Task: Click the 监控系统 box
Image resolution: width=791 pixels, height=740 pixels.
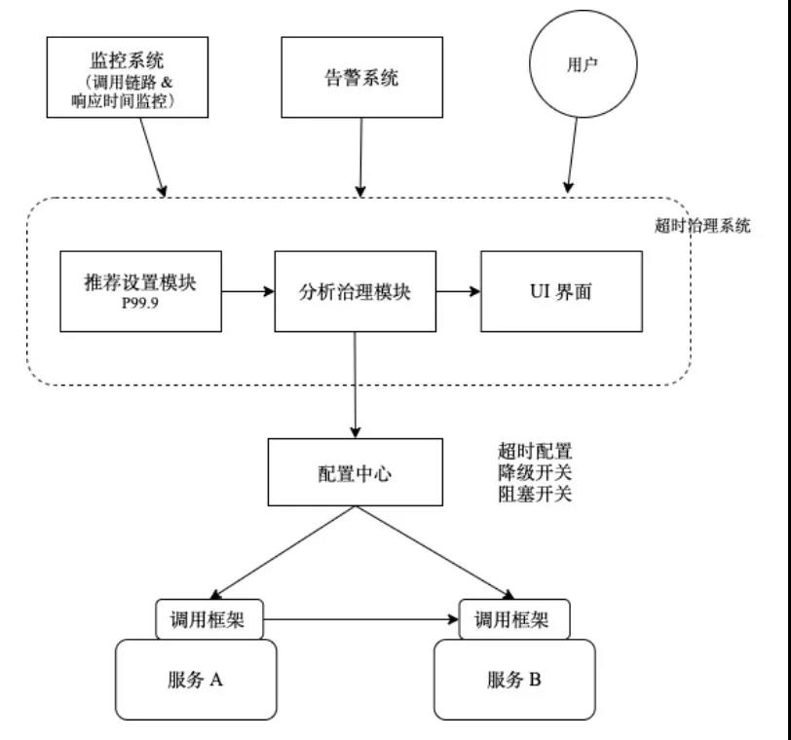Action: tap(127, 77)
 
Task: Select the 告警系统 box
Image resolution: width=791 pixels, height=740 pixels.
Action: tap(361, 77)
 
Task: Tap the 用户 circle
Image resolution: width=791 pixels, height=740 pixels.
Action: tap(584, 64)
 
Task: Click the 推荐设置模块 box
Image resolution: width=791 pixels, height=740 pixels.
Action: tap(140, 291)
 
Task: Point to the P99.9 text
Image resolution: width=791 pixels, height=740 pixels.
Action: tap(140, 303)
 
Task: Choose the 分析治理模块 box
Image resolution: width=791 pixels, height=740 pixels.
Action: tap(356, 291)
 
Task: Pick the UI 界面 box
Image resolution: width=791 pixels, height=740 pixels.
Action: tap(561, 291)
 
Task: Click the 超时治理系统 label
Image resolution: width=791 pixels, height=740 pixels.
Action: tap(702, 225)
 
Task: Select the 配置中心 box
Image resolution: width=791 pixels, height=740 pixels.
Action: tap(356, 472)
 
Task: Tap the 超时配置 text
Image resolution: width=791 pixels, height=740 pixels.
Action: tap(535, 451)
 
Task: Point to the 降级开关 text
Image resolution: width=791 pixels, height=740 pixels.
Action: tap(535, 472)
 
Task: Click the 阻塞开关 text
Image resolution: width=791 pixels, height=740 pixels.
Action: tap(535, 494)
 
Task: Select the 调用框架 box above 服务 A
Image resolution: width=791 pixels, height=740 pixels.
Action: tap(209, 619)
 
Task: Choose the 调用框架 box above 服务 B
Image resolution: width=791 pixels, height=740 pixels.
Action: tap(514, 619)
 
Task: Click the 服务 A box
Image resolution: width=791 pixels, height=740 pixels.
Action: tap(196, 680)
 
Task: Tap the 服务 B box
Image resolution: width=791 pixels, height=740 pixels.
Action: tap(514, 680)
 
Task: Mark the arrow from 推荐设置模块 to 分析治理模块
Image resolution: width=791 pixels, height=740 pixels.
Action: tap(248, 291)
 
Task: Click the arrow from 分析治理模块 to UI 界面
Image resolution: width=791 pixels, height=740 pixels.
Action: tap(459, 291)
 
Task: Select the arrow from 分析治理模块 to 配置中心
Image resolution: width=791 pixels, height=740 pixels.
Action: tap(356, 386)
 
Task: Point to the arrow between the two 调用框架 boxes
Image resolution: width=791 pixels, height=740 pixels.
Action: tap(361, 619)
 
